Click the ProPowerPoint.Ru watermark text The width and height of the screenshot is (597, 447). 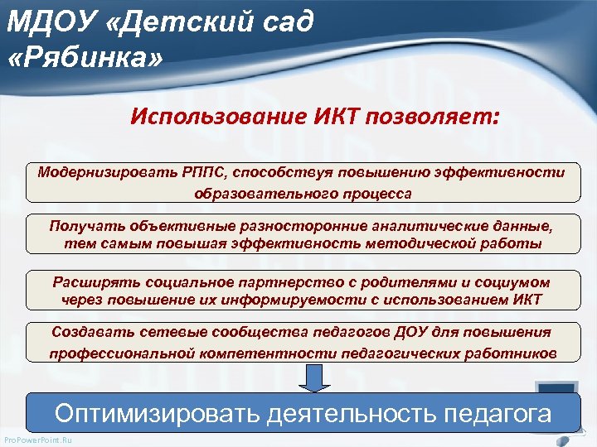click(38, 440)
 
